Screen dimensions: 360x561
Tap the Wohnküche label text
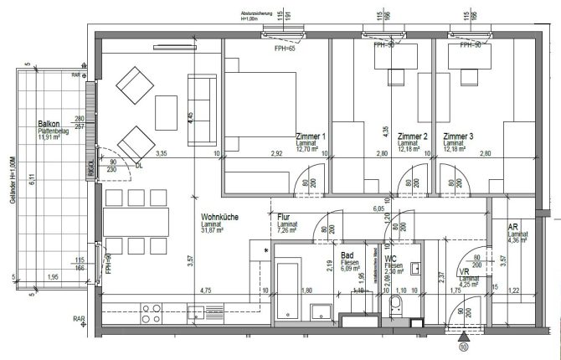pos(220,218)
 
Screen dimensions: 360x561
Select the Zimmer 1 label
pos(311,136)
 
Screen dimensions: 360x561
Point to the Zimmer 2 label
pos(413,136)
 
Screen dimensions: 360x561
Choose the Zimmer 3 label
pos(459,136)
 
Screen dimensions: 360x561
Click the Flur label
pos(284,217)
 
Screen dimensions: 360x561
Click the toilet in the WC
pos(396,311)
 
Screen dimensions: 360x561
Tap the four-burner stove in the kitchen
pos(152,313)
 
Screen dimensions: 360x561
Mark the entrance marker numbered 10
pos(464,345)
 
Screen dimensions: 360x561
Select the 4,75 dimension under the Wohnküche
pos(204,291)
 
